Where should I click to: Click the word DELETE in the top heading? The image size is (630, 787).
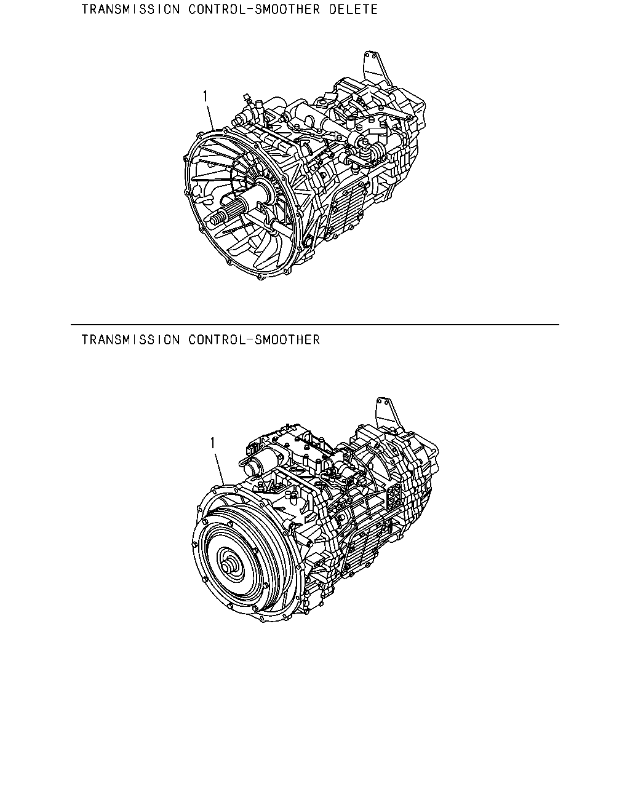pyautogui.click(x=353, y=9)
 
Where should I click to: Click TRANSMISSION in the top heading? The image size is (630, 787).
pyautogui.click(x=130, y=9)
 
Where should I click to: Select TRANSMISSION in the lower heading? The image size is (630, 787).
pyautogui.click(x=130, y=340)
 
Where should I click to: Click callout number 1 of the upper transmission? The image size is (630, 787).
pyautogui.click(x=205, y=97)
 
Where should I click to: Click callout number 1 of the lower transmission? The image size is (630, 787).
pyautogui.click(x=212, y=443)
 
